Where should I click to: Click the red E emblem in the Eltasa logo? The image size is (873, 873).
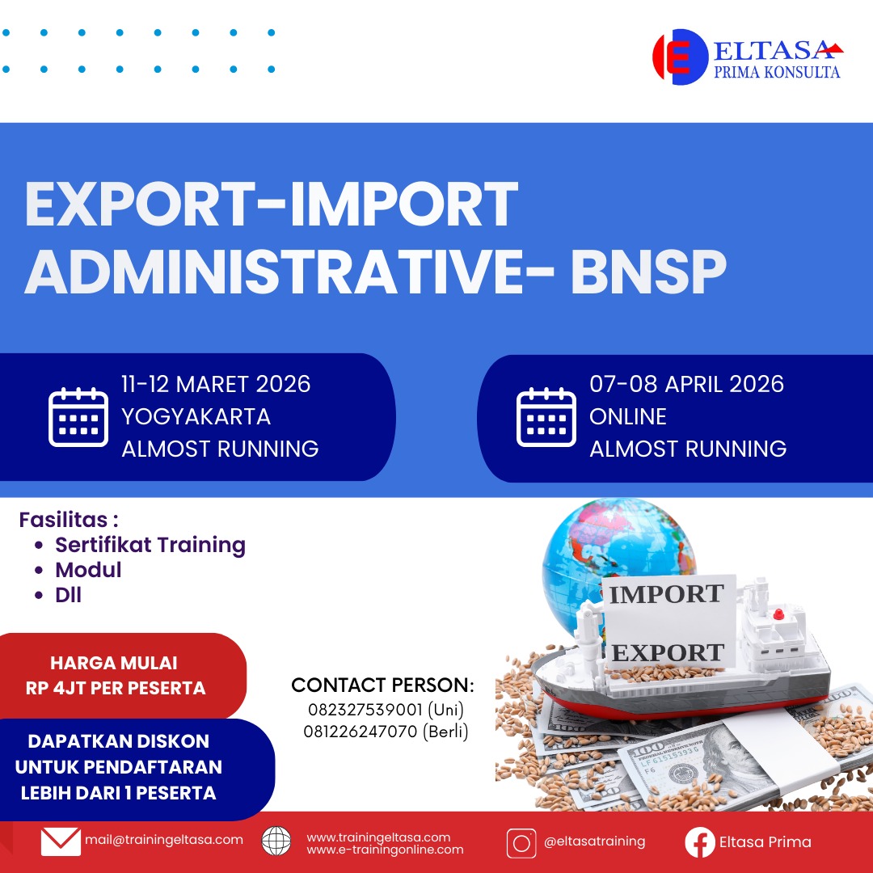[x=680, y=57]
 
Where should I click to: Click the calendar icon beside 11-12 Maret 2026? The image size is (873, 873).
[x=78, y=417]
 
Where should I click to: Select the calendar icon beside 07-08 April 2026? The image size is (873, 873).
[x=546, y=417]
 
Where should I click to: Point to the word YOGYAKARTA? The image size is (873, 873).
[x=196, y=416]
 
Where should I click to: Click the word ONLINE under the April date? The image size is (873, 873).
[x=628, y=416]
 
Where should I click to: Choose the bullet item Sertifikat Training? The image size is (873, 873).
[x=150, y=545]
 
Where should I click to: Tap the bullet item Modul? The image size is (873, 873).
[x=88, y=570]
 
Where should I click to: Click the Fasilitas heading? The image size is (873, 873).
[x=69, y=520]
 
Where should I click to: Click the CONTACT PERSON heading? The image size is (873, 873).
[x=382, y=685]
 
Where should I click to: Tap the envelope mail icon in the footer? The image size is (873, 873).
[x=61, y=841]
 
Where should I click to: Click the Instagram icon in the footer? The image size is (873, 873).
[x=521, y=843]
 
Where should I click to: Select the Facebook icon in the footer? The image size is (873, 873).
[x=700, y=842]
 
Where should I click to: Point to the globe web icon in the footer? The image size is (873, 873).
[x=276, y=841]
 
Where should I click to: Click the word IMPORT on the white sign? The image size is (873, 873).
[x=666, y=594]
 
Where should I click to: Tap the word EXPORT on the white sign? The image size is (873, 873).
[x=668, y=652]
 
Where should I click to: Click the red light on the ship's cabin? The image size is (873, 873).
[x=779, y=614]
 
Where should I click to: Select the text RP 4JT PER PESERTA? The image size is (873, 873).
[x=116, y=688]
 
